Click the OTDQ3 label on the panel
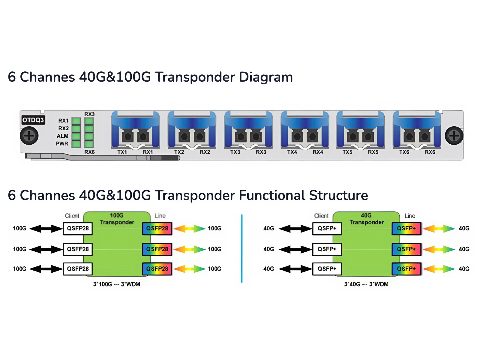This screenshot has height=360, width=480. (33, 120)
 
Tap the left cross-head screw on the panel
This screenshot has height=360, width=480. (29, 136)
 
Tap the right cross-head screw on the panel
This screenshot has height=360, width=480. (454, 136)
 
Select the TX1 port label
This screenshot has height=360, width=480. (122, 152)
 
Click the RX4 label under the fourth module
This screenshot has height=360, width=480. (318, 152)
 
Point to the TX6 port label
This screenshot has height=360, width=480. (404, 152)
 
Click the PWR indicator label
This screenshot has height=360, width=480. (62, 144)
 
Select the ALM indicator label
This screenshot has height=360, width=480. (62, 136)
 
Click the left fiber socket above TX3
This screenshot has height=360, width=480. (241, 137)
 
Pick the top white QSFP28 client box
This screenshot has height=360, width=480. (78, 229)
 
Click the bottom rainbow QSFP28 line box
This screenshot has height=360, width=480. (157, 269)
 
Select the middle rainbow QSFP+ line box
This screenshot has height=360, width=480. (406, 249)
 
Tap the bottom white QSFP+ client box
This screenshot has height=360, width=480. (327, 269)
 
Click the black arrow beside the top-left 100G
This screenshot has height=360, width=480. (46, 229)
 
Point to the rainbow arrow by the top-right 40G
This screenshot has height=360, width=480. (439, 229)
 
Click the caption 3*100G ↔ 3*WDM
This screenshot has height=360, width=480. (117, 284)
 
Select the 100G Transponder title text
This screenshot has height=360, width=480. (117, 219)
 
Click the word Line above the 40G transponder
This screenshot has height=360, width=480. (409, 216)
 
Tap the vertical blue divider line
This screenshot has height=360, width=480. (241, 248)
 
